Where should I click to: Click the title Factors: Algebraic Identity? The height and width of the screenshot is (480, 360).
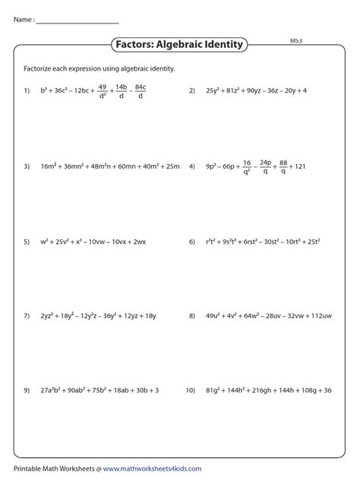point(179,45)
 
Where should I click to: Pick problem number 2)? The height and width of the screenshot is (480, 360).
point(193,90)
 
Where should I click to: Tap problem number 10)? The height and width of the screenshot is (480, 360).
point(191,390)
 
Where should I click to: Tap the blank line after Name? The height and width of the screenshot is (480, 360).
point(77,22)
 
